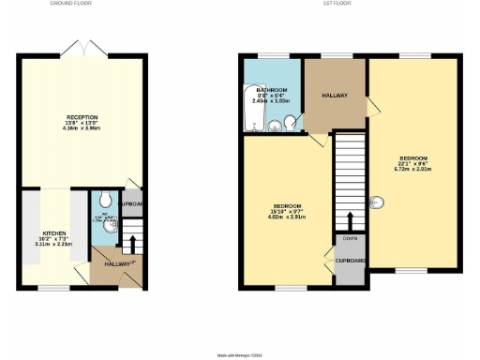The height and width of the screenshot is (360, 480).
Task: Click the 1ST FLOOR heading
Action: [x=335, y=4]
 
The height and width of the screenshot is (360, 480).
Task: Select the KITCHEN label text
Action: [x=53, y=232]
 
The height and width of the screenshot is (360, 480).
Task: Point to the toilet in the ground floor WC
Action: [x=109, y=201]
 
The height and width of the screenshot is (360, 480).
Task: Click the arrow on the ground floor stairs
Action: [x=132, y=244]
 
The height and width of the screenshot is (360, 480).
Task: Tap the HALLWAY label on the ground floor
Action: [x=117, y=265]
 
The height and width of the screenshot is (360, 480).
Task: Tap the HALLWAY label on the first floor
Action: [x=335, y=96]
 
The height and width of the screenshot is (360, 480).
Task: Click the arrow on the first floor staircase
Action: [x=350, y=221]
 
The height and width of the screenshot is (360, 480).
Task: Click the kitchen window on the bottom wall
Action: [x=52, y=288]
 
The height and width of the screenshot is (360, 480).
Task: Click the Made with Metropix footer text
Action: [x=240, y=355]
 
